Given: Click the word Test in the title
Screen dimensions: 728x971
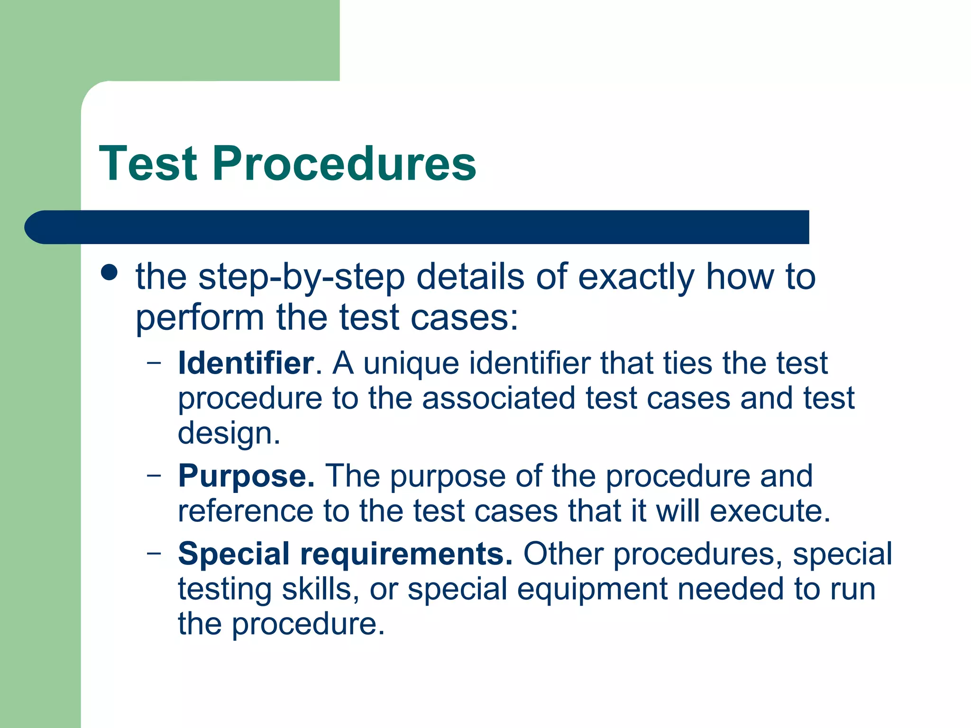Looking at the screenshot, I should [148, 164].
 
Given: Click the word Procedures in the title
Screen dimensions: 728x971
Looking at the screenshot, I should [344, 164].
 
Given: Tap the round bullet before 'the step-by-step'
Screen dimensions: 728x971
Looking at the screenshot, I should [110, 273].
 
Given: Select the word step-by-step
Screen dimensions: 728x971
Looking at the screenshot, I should [302, 277].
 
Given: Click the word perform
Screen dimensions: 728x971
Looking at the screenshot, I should [200, 318].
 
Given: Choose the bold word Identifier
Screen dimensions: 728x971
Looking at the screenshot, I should [246, 364].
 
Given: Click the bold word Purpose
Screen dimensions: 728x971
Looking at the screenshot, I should [246, 476].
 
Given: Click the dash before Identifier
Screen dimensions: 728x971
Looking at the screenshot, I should [154, 364].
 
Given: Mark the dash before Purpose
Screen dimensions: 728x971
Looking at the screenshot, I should [154, 475].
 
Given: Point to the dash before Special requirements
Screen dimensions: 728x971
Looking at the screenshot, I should [154, 553].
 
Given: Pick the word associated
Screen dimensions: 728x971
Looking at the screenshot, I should [498, 398].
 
